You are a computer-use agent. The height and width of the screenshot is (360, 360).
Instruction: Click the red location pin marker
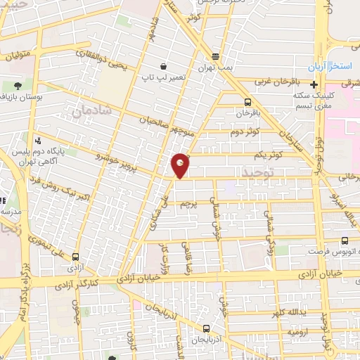click(x=181, y=165)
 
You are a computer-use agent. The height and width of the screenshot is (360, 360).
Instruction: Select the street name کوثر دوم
click(x=246, y=131)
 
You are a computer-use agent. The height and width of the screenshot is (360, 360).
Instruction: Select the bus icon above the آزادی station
click(x=75, y=258)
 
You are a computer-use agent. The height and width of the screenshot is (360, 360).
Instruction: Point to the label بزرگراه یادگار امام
click(x=17, y=285)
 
